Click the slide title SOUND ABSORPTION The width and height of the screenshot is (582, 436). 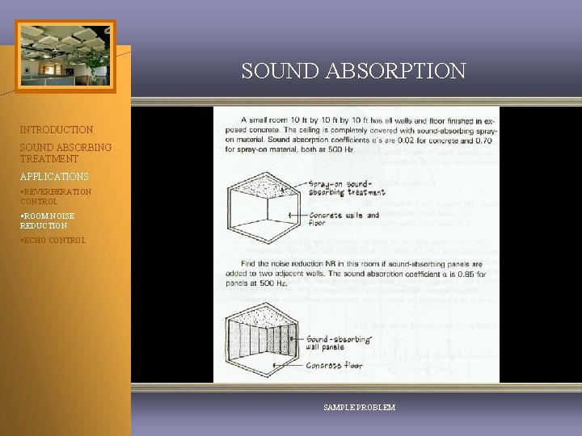pos(353,71)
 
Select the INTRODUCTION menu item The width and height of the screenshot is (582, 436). pos(57,129)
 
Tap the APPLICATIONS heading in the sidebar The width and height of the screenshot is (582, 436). pos(54,176)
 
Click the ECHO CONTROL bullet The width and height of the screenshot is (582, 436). pos(53,240)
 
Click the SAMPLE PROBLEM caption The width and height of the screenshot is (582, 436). pos(359,408)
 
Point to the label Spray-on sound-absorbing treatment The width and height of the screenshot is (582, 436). pos(348,187)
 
